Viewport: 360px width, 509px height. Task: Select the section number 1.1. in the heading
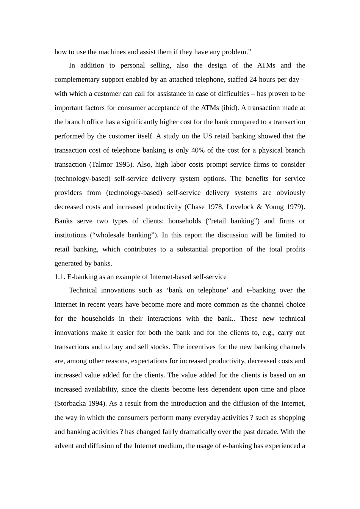pos(60,277)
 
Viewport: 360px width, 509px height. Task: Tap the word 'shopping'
pos(292,418)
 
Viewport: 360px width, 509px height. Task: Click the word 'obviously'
pos(291,193)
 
